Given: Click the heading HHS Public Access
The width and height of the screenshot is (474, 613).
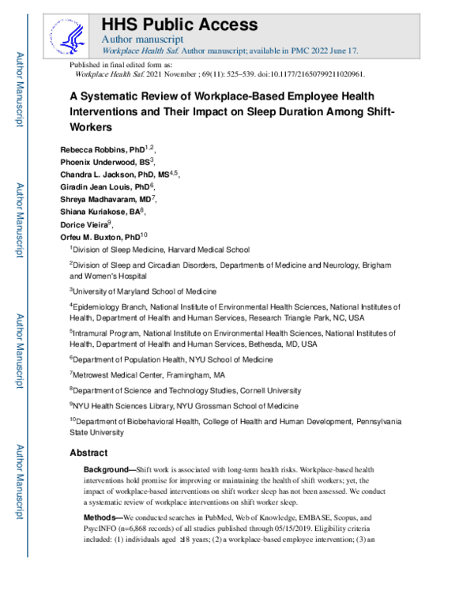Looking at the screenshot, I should (x=179, y=24).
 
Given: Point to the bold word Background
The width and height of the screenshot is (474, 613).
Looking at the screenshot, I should (x=109, y=470).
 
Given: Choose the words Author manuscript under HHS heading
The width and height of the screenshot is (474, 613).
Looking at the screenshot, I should (x=143, y=39).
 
